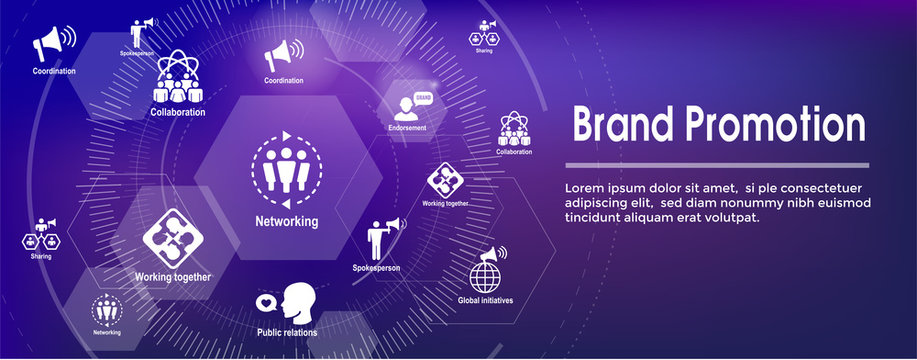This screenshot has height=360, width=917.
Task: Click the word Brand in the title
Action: pos(621,127)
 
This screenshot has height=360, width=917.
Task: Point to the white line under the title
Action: pos(717,164)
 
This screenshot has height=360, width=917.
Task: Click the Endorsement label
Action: pos(407,128)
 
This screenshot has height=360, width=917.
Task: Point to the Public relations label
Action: pos(287,332)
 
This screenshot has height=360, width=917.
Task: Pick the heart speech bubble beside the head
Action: pos(266,300)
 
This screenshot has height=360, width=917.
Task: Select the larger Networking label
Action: pos(287,221)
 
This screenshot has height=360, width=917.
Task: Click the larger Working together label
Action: pos(173,277)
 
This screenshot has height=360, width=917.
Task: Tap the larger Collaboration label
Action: pos(179,113)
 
